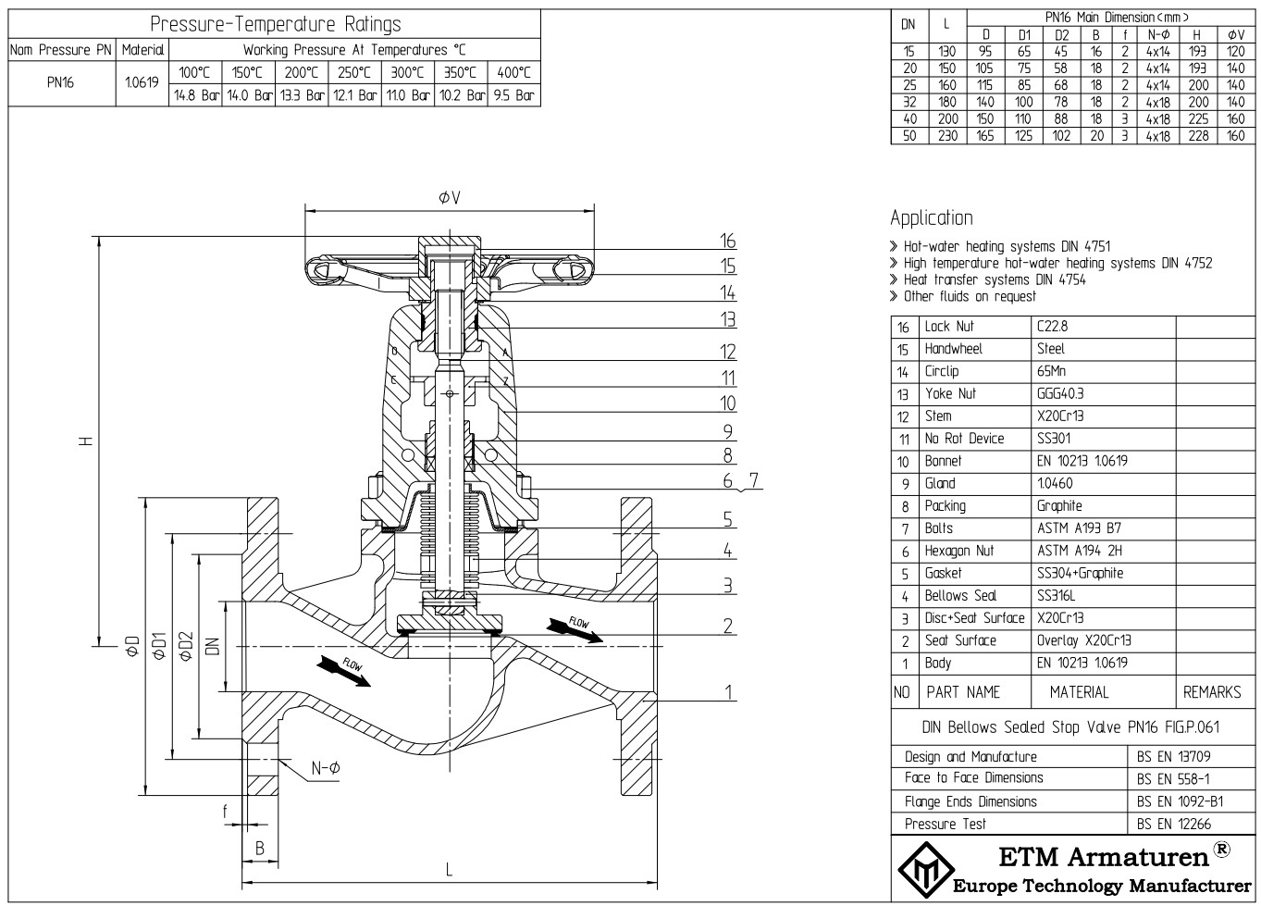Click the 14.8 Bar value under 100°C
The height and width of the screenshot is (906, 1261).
pos(196,95)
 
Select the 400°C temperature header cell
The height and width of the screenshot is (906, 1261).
pos(514,73)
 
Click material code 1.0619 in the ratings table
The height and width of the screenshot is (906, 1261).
pos(142,82)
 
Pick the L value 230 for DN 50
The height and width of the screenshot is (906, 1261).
pos(947,135)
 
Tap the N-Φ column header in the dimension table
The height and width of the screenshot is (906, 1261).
pos(1157,35)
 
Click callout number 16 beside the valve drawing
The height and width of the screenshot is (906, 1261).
pos(728,242)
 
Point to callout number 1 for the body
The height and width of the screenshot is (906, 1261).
pos(728,692)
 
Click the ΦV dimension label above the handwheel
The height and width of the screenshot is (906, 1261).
pos(450,198)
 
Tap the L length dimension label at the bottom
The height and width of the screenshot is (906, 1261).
pos(450,869)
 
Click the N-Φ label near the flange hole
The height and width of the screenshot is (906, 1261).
pos(325,768)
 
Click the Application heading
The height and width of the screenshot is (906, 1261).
pos(932,218)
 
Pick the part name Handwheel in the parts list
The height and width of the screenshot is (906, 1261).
pos(953,349)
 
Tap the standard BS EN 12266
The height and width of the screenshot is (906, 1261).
pos(1174,824)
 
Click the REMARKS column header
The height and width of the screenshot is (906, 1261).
pos(1212,692)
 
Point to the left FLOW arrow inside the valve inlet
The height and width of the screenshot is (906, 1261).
pos(342,670)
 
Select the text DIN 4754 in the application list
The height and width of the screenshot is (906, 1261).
pos(1060,279)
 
